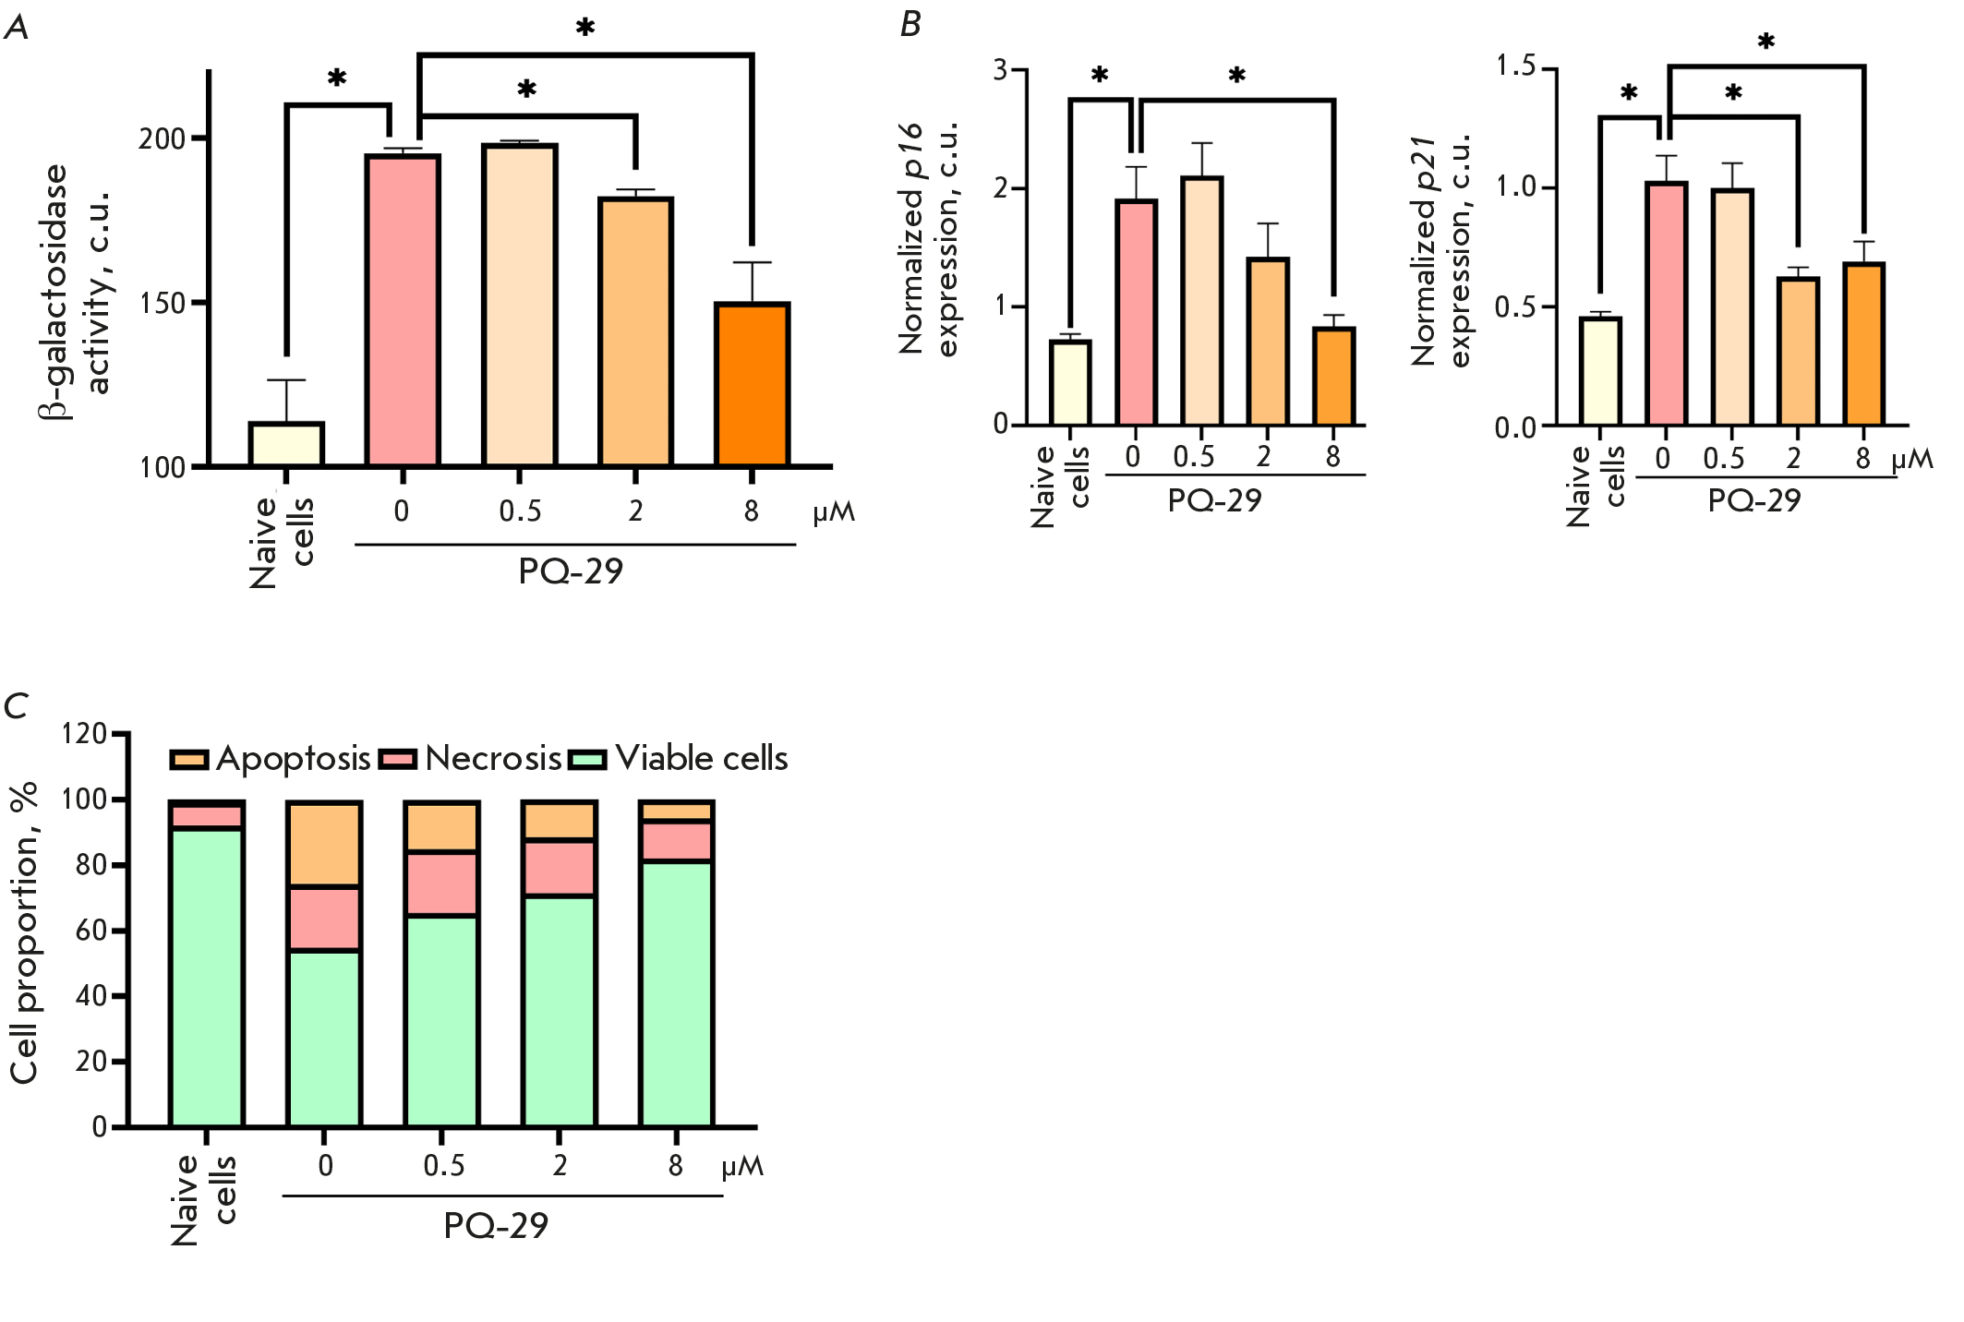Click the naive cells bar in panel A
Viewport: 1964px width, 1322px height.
pyautogui.click(x=286, y=444)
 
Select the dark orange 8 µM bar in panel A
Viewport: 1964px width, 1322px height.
pyautogui.click(x=753, y=384)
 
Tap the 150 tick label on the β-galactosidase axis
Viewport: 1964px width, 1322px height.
pyautogui.click(x=162, y=303)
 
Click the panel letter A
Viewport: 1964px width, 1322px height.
pyautogui.click(x=16, y=28)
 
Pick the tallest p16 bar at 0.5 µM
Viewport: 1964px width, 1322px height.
pyautogui.click(x=1201, y=301)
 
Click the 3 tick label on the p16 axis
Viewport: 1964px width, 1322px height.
pyautogui.click(x=1000, y=69)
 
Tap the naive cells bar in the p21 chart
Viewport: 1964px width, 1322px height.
pyautogui.click(x=1600, y=371)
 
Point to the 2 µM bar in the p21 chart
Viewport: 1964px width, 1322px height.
pyautogui.click(x=1798, y=351)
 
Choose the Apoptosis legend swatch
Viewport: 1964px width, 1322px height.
pyautogui.click(x=189, y=759)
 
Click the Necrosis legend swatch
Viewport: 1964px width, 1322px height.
pyautogui.click(x=399, y=759)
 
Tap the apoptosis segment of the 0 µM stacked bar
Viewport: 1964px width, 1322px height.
pyautogui.click(x=324, y=845)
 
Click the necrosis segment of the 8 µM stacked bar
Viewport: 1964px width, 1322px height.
pyautogui.click(x=676, y=841)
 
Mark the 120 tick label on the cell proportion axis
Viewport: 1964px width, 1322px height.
pyautogui.click(x=84, y=734)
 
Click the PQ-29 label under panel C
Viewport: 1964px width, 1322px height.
pyautogui.click(x=496, y=1225)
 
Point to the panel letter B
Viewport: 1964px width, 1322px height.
pyautogui.click(x=910, y=25)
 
